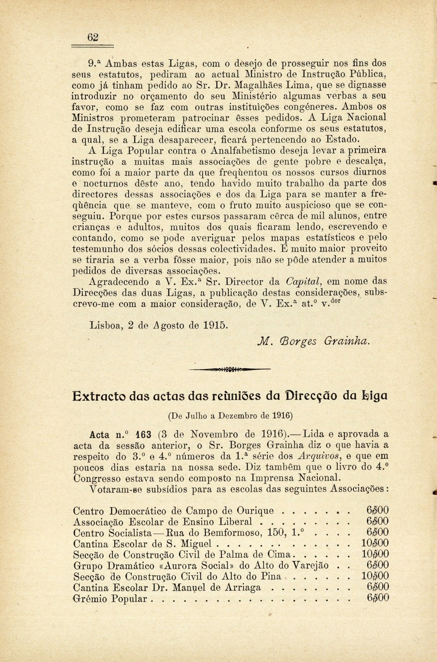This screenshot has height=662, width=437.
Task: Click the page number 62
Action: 93,37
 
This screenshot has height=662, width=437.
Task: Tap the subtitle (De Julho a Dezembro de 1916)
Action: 230,416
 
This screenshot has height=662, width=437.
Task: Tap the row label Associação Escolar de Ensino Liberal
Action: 163,522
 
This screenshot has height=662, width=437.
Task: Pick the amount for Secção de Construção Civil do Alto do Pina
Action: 375,576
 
